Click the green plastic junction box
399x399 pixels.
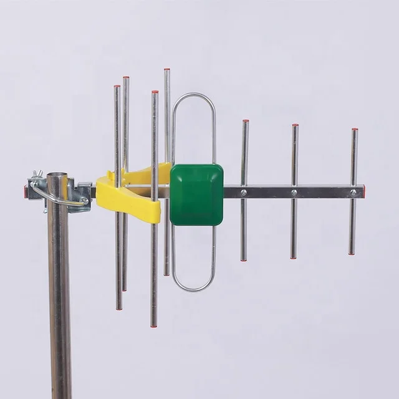(x=196, y=195)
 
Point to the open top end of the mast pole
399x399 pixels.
(x=57, y=176)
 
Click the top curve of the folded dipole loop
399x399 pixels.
(x=193, y=95)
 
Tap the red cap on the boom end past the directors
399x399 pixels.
(x=363, y=191)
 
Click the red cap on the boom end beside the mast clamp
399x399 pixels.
(x=26, y=191)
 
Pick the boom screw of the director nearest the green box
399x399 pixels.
(x=244, y=193)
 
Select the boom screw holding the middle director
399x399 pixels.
(x=294, y=193)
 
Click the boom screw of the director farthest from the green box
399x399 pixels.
(x=353, y=193)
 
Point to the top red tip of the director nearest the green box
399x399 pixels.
(x=246, y=121)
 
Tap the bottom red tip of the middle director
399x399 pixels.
(x=293, y=257)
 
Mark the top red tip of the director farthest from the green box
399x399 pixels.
(x=355, y=130)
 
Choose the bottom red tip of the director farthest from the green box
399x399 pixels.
(x=352, y=252)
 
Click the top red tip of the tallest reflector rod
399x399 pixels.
(x=166, y=70)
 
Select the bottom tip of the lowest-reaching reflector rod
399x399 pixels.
(x=153, y=325)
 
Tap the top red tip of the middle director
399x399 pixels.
(x=295, y=126)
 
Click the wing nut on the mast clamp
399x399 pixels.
(x=37, y=174)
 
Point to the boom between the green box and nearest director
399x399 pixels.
(x=233, y=192)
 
